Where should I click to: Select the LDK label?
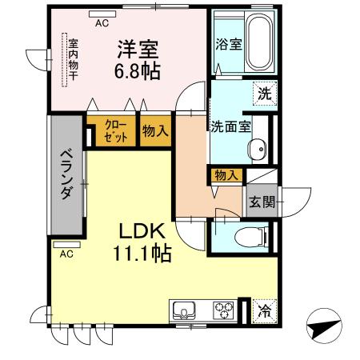pos(142,231)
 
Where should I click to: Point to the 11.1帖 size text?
pos(142,254)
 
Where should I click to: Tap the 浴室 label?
pos(227,45)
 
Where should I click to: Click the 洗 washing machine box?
pos(264,94)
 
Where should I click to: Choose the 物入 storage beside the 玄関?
pos(226,176)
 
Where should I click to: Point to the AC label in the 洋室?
pos(102,23)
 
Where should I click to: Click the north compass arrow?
pos(323,326)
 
